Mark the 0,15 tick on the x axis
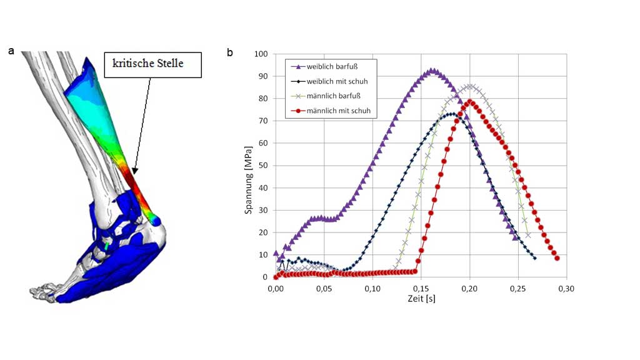pyautogui.click(x=421, y=289)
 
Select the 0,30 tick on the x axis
pyautogui.click(x=566, y=289)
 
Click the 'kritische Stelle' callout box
pyautogui.click(x=152, y=64)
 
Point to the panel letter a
pyautogui.click(x=11, y=51)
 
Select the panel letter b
pyautogui.click(x=229, y=52)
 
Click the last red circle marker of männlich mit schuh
pyautogui.click(x=556, y=258)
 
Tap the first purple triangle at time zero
pyautogui.click(x=276, y=253)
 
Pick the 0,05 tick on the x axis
pyautogui.click(x=324, y=289)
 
